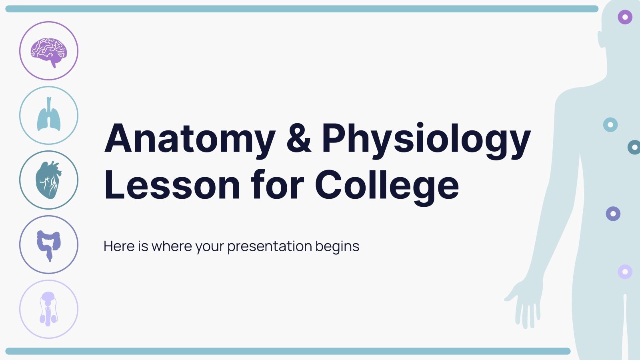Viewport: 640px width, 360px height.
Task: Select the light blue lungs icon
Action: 49,115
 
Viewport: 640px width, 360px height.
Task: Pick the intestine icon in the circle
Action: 49,244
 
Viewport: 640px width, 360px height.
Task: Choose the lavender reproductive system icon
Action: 49,309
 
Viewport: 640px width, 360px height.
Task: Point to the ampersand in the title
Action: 299,138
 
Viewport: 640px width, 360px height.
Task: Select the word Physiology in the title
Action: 426,139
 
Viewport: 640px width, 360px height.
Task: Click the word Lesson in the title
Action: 172,185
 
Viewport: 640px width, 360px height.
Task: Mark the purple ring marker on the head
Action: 625,17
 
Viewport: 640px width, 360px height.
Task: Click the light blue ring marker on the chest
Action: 610,125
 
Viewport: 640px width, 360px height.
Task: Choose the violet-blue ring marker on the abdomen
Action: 613,214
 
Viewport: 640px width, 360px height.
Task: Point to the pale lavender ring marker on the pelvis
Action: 625,272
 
